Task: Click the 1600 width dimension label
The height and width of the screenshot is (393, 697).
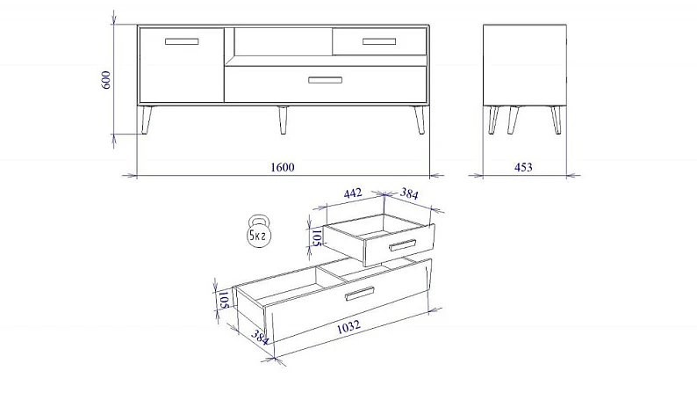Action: [283, 167]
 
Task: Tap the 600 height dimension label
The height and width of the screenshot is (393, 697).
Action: [106, 80]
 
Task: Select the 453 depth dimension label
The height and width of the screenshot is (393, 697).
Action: [523, 167]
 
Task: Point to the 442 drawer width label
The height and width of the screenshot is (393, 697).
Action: [353, 193]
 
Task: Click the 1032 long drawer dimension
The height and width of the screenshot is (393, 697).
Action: [348, 327]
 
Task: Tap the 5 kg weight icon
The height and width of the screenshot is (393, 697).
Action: [259, 230]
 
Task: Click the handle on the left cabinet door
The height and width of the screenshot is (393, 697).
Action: [182, 41]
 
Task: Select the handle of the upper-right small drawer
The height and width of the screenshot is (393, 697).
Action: [379, 41]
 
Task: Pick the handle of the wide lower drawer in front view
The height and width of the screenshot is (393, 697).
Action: [326, 80]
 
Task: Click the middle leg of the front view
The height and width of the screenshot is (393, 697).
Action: [283, 120]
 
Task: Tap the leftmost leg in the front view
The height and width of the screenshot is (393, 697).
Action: [147, 120]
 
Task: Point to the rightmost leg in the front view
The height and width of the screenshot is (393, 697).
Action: [420, 120]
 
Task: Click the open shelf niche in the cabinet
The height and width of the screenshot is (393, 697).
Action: [284, 42]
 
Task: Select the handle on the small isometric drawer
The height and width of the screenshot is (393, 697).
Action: [403, 245]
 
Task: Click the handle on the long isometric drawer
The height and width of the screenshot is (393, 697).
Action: [360, 294]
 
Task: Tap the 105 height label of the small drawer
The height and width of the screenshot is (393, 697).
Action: [316, 237]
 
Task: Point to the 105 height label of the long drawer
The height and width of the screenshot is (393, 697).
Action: [224, 300]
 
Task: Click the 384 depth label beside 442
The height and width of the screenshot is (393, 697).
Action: [409, 193]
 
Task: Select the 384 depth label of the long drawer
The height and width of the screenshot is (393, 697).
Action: [260, 337]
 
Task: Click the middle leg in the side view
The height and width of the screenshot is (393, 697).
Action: [513, 120]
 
